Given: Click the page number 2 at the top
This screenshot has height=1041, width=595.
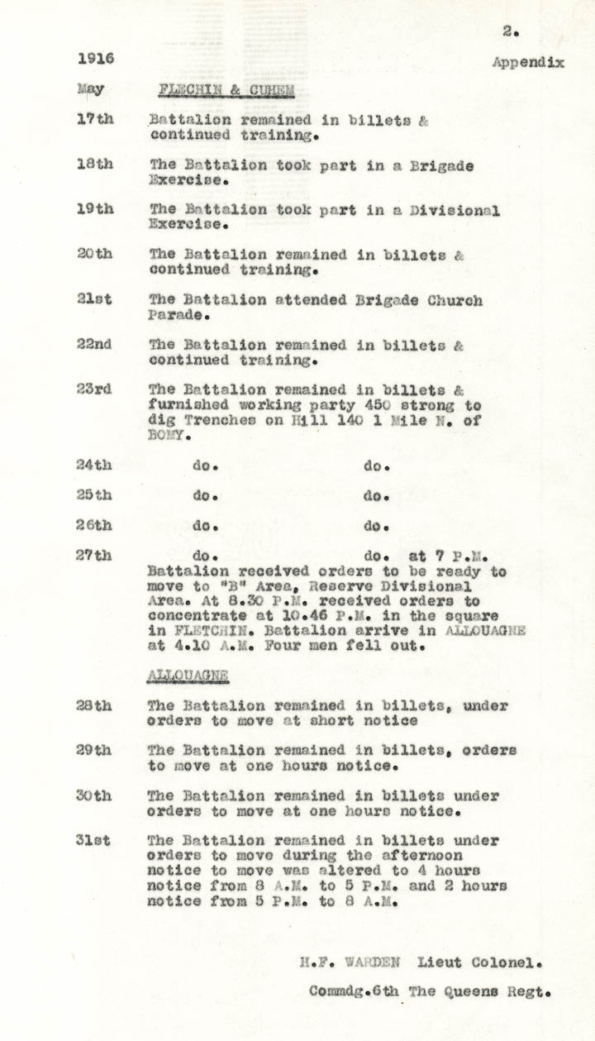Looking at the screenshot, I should click(x=509, y=31).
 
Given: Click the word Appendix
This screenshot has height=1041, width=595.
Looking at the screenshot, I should click(x=528, y=62).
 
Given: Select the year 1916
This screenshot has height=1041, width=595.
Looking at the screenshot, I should click(x=96, y=59).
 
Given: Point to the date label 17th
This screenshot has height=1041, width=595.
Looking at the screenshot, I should click(x=95, y=119).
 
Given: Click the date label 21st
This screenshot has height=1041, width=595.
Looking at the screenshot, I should click(x=95, y=300).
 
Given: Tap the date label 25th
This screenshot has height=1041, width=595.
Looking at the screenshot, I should click(x=95, y=495).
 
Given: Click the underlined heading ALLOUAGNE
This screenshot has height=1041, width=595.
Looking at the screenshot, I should click(x=188, y=676).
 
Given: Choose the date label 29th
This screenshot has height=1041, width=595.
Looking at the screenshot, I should click(x=95, y=751).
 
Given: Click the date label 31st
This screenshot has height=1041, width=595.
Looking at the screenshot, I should click(x=95, y=841).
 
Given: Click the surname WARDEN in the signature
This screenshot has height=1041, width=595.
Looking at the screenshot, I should click(x=373, y=962).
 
